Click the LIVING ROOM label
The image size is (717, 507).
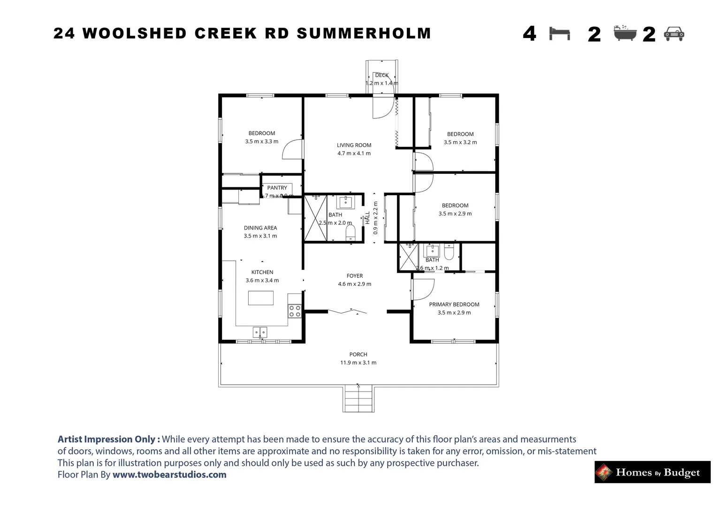point(354,145)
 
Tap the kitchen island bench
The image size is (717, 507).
point(261,298)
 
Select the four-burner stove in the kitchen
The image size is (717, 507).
point(295,311)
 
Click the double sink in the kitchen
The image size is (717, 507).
point(260,332)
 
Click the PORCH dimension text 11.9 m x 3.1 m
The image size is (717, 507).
point(358,362)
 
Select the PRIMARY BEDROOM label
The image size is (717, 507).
point(454,304)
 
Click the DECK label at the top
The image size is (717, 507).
point(381,75)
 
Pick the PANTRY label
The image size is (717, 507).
point(277,188)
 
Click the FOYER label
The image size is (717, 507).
point(355,276)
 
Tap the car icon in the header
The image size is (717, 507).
point(674,34)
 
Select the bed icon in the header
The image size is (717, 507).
point(559,34)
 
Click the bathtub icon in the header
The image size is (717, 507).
point(625,34)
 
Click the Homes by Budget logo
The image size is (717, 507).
point(652,472)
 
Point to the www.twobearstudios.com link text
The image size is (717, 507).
point(169,475)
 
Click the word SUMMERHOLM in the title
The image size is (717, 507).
point(364,34)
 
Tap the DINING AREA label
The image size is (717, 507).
point(260,228)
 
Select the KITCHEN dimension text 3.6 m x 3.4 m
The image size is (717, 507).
point(262,280)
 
